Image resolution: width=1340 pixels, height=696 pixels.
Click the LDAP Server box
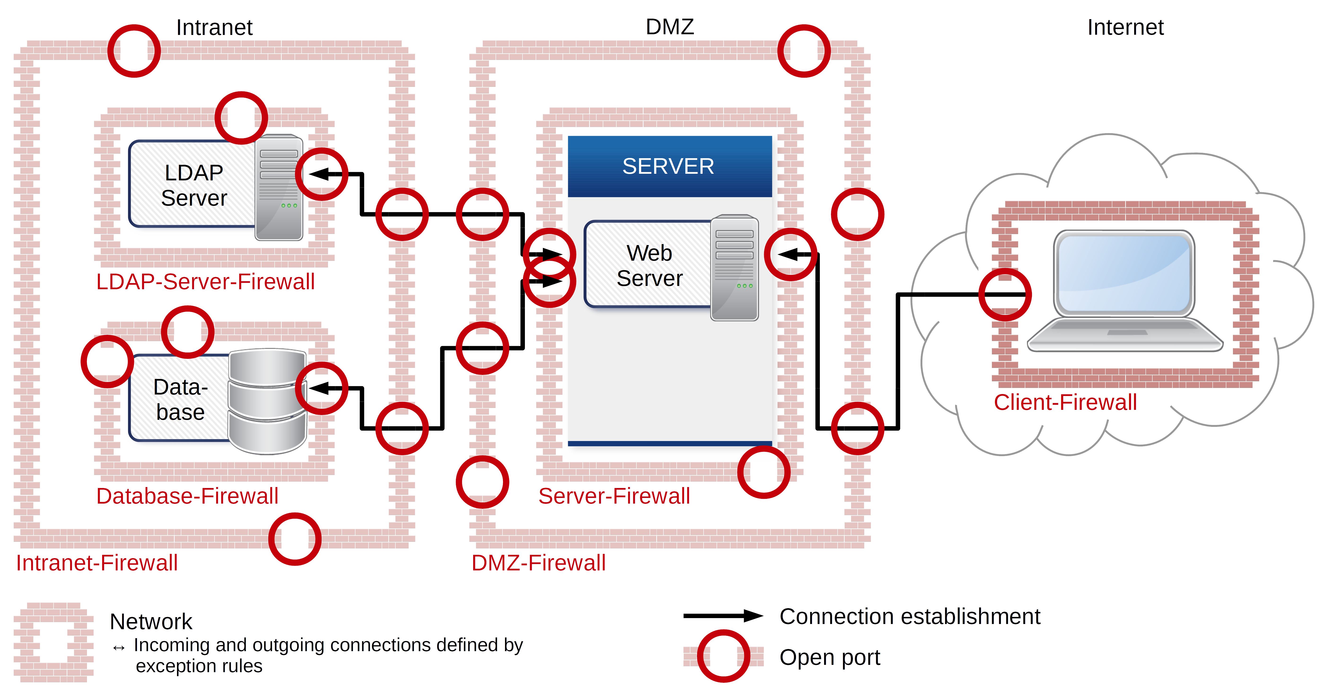(x=194, y=185)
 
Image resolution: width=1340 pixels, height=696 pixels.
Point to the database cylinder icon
(x=267, y=400)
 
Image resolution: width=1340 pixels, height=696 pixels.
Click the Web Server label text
(x=649, y=266)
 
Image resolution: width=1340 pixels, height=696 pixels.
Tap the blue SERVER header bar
(x=669, y=166)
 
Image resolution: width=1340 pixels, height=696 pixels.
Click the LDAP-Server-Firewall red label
(x=205, y=282)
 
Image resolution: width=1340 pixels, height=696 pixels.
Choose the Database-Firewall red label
(x=187, y=496)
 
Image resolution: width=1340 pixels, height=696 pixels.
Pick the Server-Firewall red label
(x=614, y=496)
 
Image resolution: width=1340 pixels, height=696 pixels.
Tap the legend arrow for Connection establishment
(x=723, y=616)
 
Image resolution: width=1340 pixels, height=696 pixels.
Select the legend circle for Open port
(x=723, y=656)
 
